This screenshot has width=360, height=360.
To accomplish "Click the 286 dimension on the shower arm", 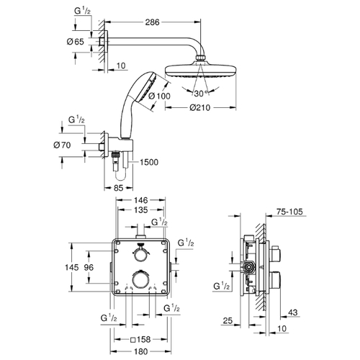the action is pyautogui.click(x=152, y=22).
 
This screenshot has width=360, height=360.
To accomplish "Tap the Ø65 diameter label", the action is pyautogui.click(x=76, y=42).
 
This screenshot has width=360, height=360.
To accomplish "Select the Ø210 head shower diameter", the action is pyautogui.click(x=200, y=107).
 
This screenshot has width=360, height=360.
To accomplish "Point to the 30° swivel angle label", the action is pyautogui.click(x=201, y=94).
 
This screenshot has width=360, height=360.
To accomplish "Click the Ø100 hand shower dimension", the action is pyautogui.click(x=159, y=96).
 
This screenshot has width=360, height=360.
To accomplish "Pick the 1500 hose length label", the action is pyautogui.click(x=149, y=162).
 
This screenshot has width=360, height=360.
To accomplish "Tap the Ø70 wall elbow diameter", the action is pyautogui.click(x=62, y=145).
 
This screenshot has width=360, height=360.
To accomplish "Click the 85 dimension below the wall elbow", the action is pyautogui.click(x=118, y=188).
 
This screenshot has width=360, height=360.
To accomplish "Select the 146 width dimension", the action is pyautogui.click(x=141, y=199).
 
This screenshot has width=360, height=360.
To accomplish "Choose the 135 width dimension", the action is pyautogui.click(x=141, y=210).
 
